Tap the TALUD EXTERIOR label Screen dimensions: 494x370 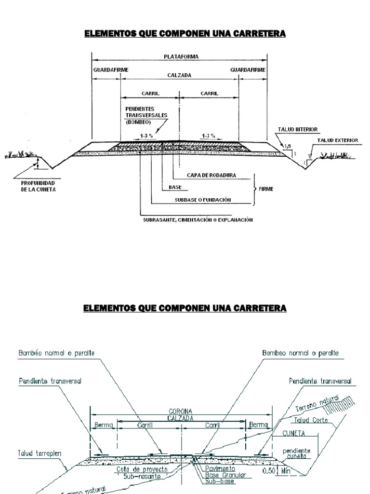[337, 140]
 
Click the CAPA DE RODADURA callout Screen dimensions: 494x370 [211, 175]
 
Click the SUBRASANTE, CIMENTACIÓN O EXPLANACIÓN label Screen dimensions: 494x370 [198, 220]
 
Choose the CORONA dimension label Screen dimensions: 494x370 [181, 412]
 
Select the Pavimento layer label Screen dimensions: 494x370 [219, 468]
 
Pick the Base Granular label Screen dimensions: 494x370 [225, 475]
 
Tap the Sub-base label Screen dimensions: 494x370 [216, 481]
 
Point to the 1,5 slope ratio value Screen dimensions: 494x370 [288, 145]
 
